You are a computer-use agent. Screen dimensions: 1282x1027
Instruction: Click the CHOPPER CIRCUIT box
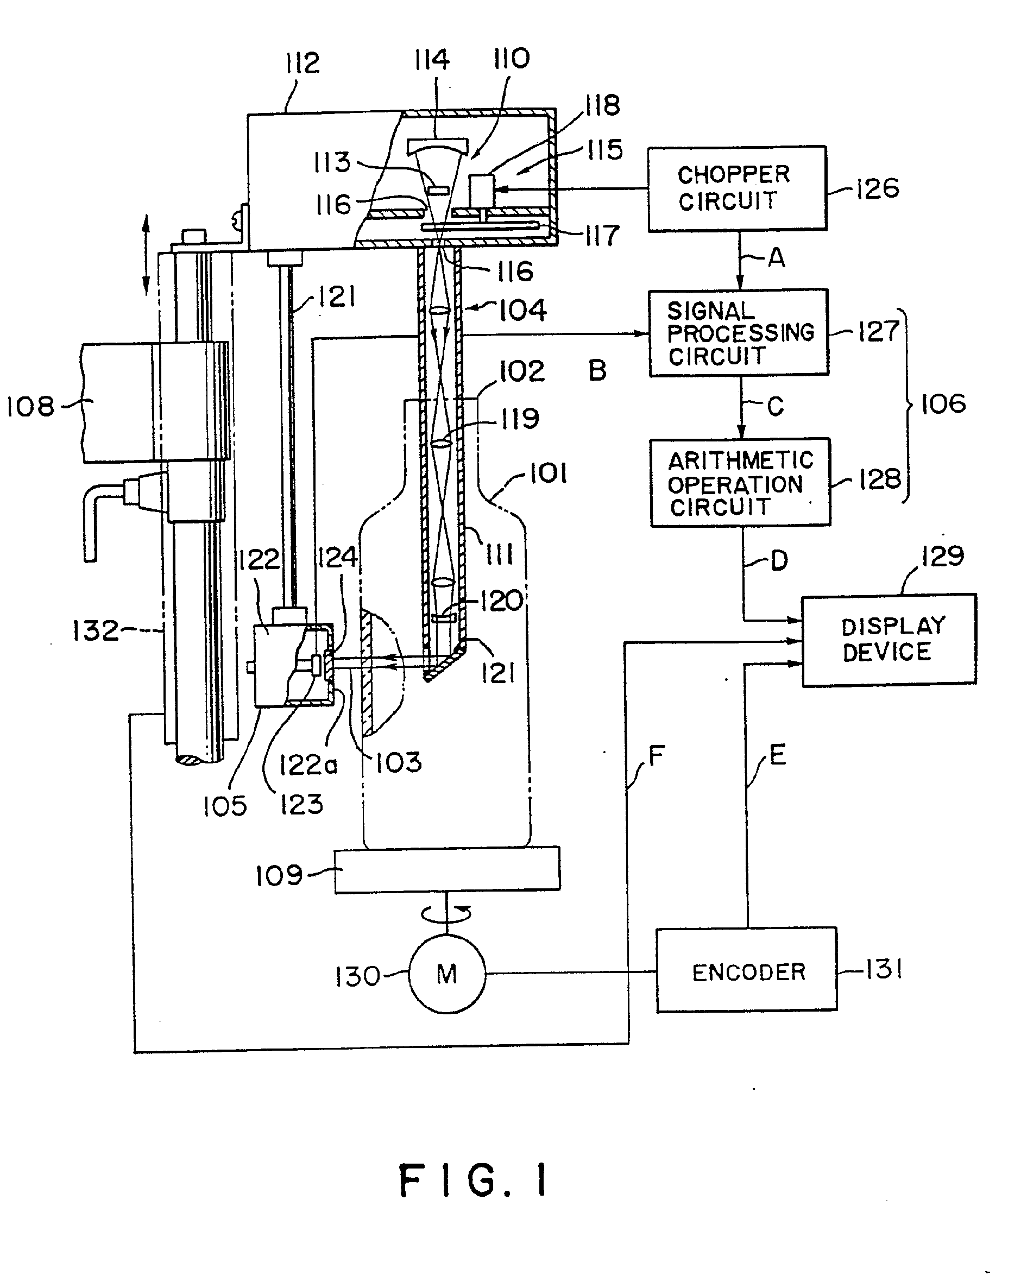pyautogui.click(x=736, y=188)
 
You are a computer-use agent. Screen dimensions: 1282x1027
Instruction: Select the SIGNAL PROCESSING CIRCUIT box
pyautogui.click(x=738, y=333)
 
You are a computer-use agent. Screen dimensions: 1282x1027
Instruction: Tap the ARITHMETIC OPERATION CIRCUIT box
pyautogui.click(x=740, y=482)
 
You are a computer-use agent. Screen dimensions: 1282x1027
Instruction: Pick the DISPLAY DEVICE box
pyautogui.click(x=889, y=640)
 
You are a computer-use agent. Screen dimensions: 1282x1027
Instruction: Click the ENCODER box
pyautogui.click(x=747, y=972)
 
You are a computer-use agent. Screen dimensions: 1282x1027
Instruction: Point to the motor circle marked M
pyautogui.click(x=447, y=974)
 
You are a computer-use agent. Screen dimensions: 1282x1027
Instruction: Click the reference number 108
pyautogui.click(x=30, y=407)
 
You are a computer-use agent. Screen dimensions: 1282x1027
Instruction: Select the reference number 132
pyautogui.click(x=95, y=630)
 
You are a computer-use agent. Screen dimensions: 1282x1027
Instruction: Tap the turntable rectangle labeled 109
pyautogui.click(x=446, y=869)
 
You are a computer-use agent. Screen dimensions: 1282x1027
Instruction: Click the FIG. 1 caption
pyautogui.click(x=472, y=1180)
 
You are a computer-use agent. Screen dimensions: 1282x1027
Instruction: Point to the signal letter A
pyautogui.click(x=776, y=258)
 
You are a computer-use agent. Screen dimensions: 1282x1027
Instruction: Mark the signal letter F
pyautogui.click(x=656, y=756)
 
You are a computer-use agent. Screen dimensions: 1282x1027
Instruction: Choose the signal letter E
pyautogui.click(x=777, y=755)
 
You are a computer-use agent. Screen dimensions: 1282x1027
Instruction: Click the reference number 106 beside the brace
pyautogui.click(x=943, y=405)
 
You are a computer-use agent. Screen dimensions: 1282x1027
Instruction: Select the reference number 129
pyautogui.click(x=942, y=557)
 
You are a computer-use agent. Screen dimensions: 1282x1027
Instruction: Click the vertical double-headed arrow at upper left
pyautogui.click(x=146, y=256)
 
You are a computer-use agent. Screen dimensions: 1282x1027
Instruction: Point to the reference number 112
pyautogui.click(x=302, y=63)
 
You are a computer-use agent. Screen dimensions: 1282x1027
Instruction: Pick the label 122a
pyautogui.click(x=308, y=765)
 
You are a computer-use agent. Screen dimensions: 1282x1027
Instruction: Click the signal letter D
pyautogui.click(x=778, y=561)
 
